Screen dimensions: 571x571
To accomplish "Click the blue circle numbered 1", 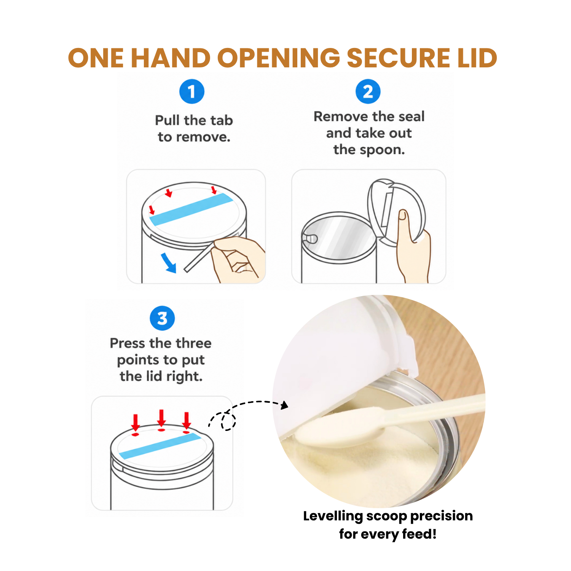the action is click(x=192, y=91).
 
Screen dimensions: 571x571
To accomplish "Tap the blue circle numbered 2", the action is click(x=368, y=91).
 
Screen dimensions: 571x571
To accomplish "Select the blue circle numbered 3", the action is click(x=162, y=318).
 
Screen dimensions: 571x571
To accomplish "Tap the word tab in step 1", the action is click(x=220, y=120).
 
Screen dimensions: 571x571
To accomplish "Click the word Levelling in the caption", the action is click(x=333, y=516).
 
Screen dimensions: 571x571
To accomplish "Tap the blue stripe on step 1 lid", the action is click(x=191, y=209).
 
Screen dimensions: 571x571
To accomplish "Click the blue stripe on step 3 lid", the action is click(x=160, y=446).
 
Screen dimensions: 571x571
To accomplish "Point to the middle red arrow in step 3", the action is click(x=161, y=418).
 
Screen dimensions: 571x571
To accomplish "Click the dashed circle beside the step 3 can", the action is click(x=228, y=421).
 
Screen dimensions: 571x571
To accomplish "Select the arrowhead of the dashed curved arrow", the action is click(x=284, y=405).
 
